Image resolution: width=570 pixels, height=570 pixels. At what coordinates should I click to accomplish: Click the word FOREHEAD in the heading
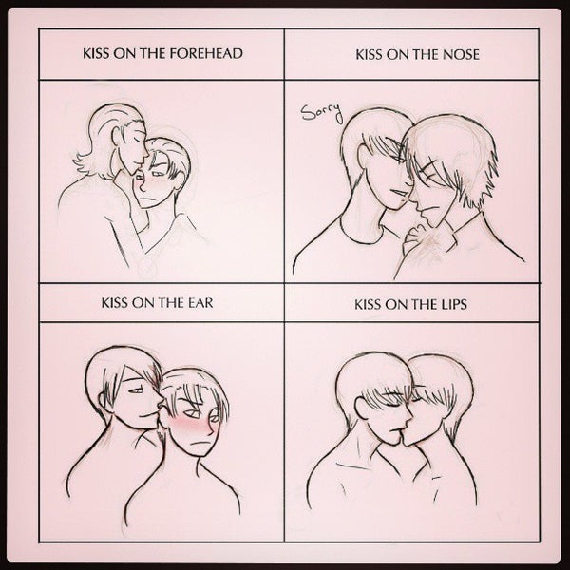click(206, 53)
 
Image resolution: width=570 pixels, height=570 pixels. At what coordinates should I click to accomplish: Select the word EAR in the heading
click(200, 303)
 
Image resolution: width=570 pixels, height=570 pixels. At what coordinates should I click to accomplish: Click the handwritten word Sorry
click(322, 112)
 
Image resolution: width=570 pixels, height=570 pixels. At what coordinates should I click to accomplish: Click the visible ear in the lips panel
click(363, 408)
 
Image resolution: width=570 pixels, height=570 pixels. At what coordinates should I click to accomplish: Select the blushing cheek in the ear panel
click(192, 426)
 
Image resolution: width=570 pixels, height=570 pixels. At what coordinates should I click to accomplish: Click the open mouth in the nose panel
click(398, 193)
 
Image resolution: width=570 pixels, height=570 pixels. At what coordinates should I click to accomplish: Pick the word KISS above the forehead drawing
click(96, 53)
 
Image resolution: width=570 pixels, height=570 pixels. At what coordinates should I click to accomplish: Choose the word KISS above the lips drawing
click(368, 304)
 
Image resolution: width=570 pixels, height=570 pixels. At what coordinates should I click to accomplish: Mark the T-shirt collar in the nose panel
click(360, 233)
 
